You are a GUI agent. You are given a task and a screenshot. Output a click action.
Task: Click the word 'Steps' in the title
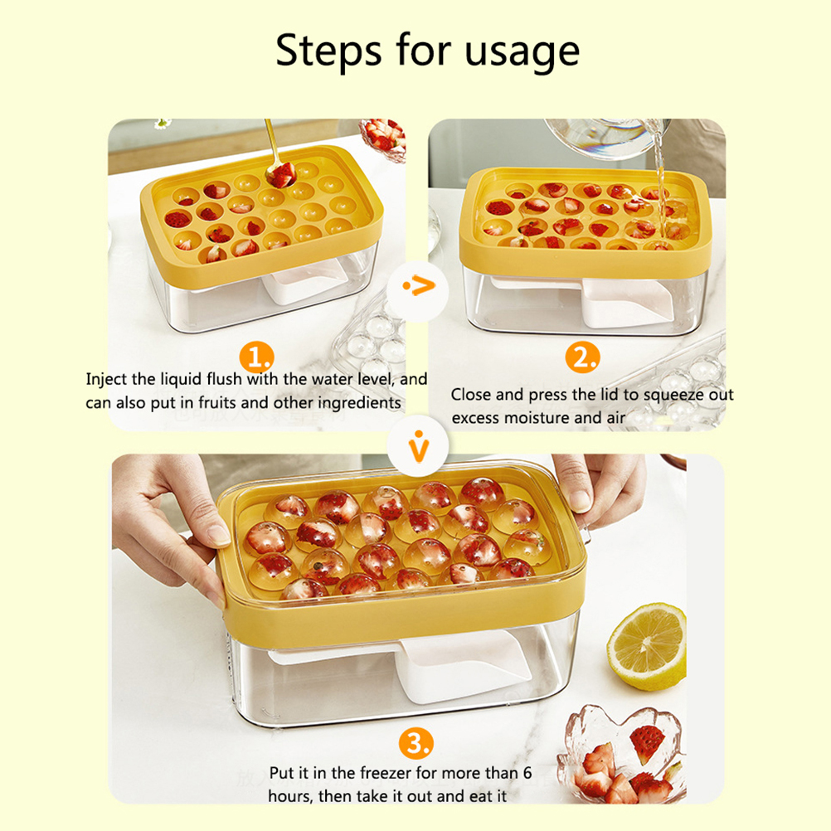328,51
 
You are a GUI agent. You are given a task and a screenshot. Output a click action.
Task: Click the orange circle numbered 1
256,357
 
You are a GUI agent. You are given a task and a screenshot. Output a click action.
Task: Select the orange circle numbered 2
582,357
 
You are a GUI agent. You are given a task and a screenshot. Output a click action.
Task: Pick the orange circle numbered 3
416,744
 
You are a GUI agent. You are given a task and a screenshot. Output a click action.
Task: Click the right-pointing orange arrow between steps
419,286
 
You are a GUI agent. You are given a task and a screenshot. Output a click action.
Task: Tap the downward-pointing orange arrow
419,446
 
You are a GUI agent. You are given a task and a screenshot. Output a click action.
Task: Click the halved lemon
647,647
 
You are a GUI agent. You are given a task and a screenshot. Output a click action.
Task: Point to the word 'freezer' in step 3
384,773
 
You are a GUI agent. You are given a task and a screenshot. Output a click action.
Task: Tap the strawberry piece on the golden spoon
282,174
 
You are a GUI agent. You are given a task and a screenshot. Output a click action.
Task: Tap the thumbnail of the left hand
218,535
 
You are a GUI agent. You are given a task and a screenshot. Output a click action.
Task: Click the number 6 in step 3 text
527,773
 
